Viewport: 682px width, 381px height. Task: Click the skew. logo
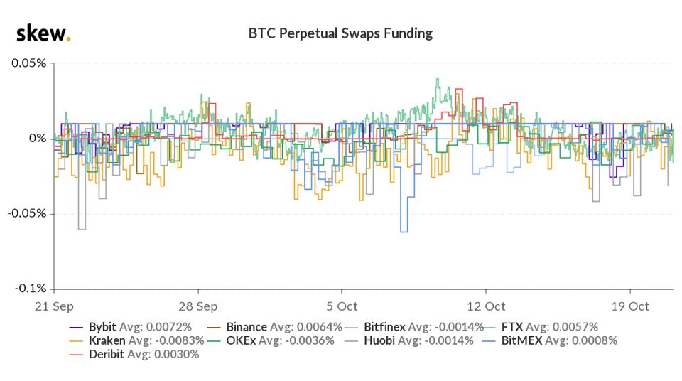click(43, 33)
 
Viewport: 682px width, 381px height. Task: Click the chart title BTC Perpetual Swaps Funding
click(340, 33)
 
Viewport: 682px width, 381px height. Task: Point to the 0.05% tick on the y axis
click(28, 63)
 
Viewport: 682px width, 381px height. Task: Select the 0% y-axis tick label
click(37, 138)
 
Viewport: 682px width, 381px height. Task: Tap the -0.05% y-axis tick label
click(26, 213)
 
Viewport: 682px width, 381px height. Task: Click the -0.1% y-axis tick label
click(29, 289)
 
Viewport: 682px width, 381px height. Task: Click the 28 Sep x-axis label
click(198, 306)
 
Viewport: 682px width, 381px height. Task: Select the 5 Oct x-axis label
click(342, 306)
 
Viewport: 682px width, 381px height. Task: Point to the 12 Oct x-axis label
click(486, 306)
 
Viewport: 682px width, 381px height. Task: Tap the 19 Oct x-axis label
click(630, 306)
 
